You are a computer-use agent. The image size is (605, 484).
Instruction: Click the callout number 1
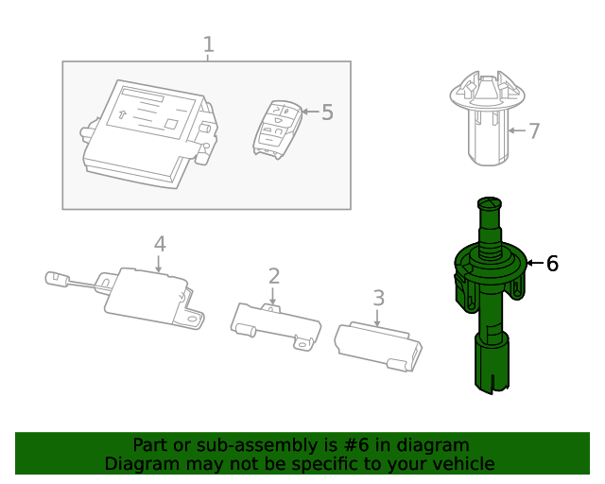208,44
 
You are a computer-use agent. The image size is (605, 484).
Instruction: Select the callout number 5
327,112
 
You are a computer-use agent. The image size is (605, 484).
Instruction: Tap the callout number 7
534,130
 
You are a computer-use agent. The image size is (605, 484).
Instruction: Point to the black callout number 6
552,264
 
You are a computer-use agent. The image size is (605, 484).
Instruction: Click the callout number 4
160,244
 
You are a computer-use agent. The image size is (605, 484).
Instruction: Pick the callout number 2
274,276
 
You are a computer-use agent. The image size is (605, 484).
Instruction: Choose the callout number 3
379,298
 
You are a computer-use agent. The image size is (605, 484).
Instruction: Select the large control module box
149,134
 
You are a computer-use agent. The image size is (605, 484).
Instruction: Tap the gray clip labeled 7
488,118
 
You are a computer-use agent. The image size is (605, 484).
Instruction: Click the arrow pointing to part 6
535,263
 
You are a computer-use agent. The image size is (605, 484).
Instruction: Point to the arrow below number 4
159,264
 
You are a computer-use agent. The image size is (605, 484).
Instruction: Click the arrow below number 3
377,318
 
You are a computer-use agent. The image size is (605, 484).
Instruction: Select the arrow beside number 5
310,112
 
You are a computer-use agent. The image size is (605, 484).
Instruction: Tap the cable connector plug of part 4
57,278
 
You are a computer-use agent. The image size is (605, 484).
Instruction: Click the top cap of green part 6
490,203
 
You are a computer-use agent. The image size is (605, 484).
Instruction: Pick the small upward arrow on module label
122,113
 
